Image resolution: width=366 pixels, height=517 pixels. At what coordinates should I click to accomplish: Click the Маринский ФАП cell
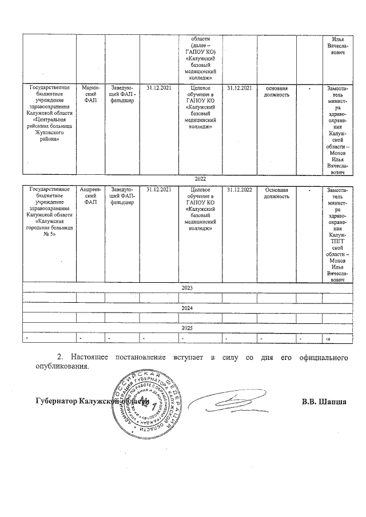(x=90, y=93)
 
